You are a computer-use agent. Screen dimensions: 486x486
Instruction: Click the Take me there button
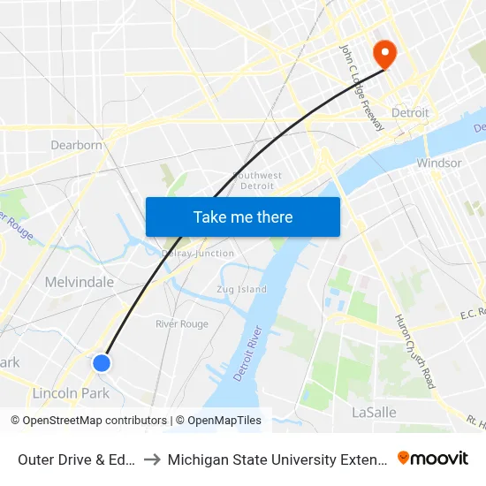coord(243,216)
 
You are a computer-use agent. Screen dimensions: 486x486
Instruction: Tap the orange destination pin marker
coord(384,54)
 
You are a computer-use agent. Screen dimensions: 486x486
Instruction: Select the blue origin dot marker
coord(102,362)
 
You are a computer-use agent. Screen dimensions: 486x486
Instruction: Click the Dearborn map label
coord(77,145)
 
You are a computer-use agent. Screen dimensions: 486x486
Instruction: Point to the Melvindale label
coord(80,282)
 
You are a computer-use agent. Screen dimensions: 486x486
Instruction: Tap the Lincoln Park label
coord(70,393)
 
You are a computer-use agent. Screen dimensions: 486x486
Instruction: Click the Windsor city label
coord(439,163)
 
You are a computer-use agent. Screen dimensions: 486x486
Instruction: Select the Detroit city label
coord(410,113)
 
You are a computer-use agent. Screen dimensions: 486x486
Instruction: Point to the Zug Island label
coord(241,289)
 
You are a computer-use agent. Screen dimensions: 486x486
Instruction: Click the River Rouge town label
coord(182,324)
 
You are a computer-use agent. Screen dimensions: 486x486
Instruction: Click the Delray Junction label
coord(199,254)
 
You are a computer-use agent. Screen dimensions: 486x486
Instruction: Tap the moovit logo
coord(432,458)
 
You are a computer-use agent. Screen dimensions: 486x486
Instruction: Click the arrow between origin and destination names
coord(151,459)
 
